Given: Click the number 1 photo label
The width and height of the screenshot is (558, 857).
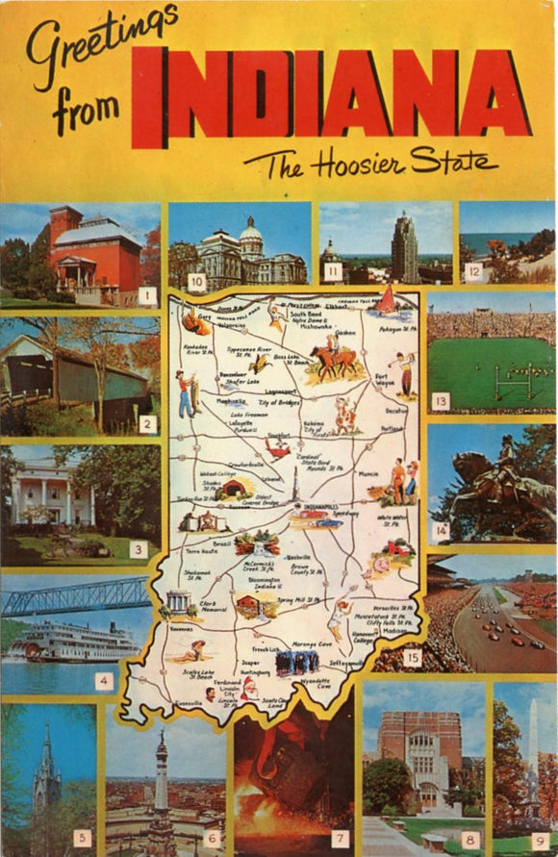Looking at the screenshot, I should pyautogui.click(x=146, y=296).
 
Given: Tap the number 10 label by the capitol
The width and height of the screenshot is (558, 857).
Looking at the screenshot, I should pyautogui.click(x=196, y=282).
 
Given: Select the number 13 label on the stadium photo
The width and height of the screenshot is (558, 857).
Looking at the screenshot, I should pyautogui.click(x=441, y=401).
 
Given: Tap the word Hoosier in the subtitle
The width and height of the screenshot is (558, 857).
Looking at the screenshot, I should pyautogui.click(x=357, y=164).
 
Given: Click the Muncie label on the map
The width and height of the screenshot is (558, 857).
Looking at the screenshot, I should pyautogui.click(x=368, y=474).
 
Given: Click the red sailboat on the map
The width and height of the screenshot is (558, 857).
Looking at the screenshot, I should pyautogui.click(x=387, y=301).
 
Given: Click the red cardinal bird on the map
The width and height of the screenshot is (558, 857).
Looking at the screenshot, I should pyautogui.click(x=278, y=449).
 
